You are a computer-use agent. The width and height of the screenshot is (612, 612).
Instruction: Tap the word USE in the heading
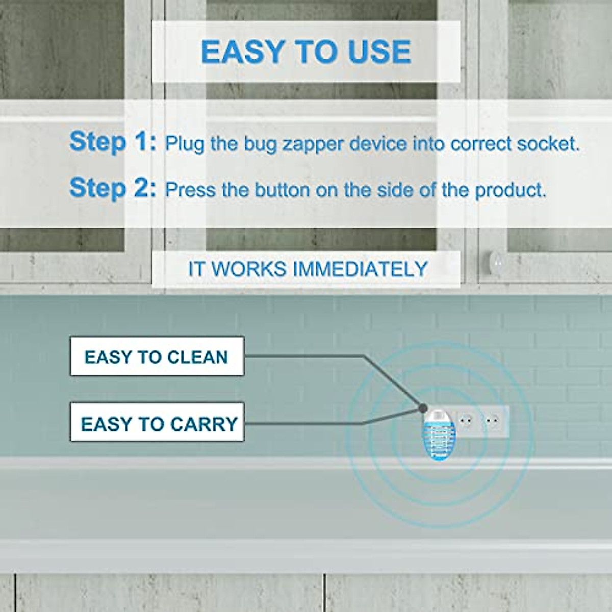[379, 52]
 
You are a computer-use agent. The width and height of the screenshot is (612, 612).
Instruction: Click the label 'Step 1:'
[113, 141]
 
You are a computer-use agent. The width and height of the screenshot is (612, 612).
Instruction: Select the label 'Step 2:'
[113, 188]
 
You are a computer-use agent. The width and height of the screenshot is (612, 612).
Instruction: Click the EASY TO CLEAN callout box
[157, 356]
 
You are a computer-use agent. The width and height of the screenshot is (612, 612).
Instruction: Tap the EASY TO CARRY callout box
[157, 423]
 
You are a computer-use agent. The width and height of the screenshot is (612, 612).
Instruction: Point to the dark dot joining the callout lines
[422, 408]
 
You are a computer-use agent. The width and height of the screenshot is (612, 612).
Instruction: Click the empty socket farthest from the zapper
[492, 421]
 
